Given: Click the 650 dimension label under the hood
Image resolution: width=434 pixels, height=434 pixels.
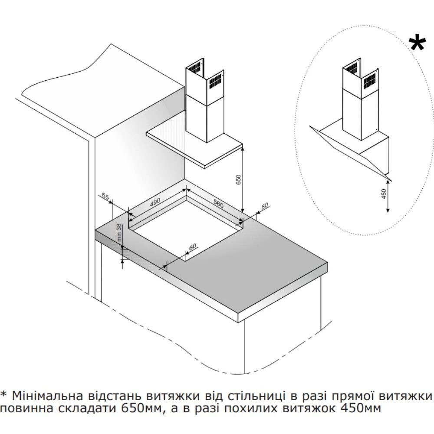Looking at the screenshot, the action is coord(239,180).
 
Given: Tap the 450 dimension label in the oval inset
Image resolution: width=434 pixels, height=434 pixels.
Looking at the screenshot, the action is coord(384,194).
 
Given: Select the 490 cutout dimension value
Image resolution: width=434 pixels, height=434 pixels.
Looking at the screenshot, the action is coord(155,203).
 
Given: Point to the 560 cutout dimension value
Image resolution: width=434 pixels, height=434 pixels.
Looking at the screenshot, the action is coord(218,204).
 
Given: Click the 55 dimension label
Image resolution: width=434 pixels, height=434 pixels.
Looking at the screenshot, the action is coord(105,196).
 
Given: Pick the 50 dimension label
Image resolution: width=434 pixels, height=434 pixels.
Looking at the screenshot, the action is coord(265,206).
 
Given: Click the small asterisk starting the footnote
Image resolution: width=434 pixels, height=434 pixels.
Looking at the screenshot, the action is coord(3,394).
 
